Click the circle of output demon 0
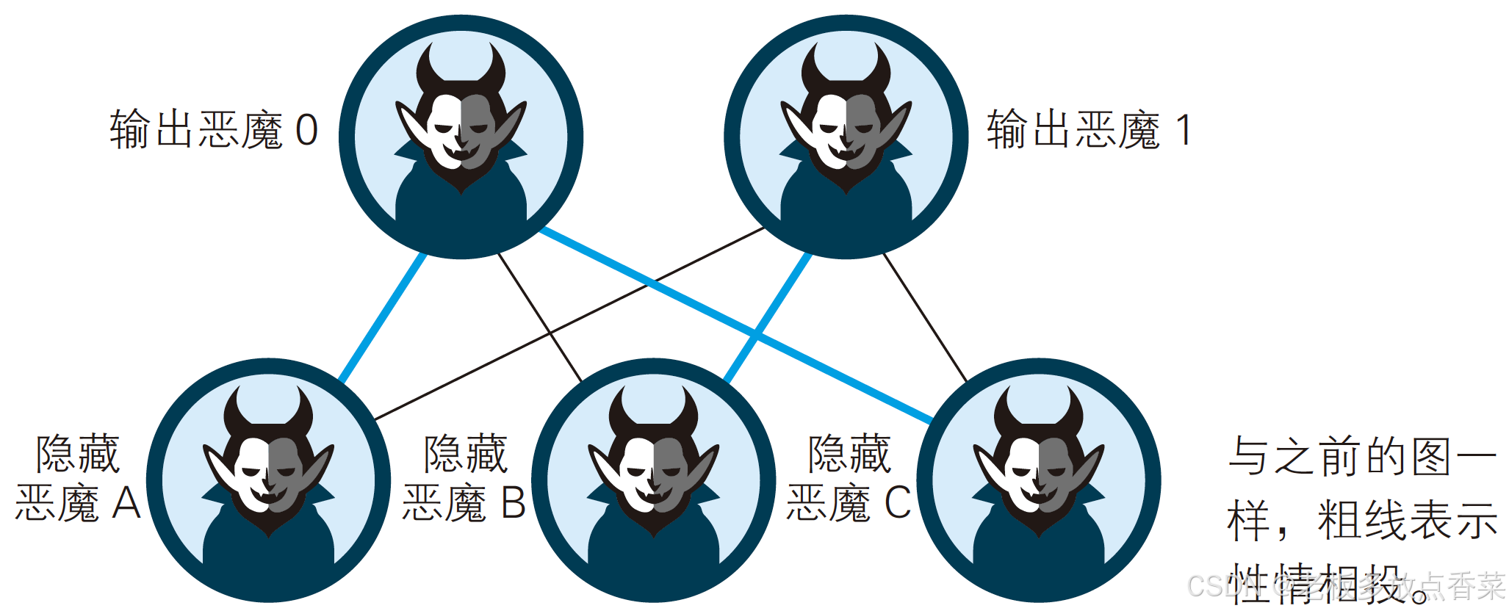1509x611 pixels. [x=461, y=137]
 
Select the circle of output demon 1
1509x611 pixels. [x=846, y=137]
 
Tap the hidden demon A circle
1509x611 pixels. [x=268, y=480]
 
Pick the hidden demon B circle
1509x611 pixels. [x=653, y=480]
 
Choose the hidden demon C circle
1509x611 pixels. [x=1038, y=480]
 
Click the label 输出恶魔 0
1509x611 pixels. [x=213, y=130]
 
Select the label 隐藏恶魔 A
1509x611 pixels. [x=78, y=479]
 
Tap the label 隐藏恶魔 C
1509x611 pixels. [x=849, y=479]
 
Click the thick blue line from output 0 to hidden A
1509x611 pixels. [x=382, y=317]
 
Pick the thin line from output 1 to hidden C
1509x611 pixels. [x=924, y=317]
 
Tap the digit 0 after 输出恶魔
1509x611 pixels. [x=306, y=130]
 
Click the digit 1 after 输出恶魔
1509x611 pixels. [x=1183, y=130]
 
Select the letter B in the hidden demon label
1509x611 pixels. [x=513, y=504]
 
